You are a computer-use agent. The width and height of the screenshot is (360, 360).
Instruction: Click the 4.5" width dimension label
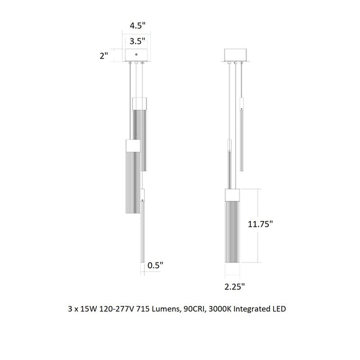(x=137, y=25)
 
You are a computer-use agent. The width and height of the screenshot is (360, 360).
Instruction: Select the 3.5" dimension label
(x=137, y=41)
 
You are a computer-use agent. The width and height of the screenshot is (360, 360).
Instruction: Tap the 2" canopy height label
(x=104, y=56)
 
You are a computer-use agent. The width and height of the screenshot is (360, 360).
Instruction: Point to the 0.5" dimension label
(x=155, y=266)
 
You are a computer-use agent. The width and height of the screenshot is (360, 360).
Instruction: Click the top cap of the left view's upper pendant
(x=139, y=102)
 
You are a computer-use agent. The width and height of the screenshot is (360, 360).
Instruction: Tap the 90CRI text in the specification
(x=206, y=308)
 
